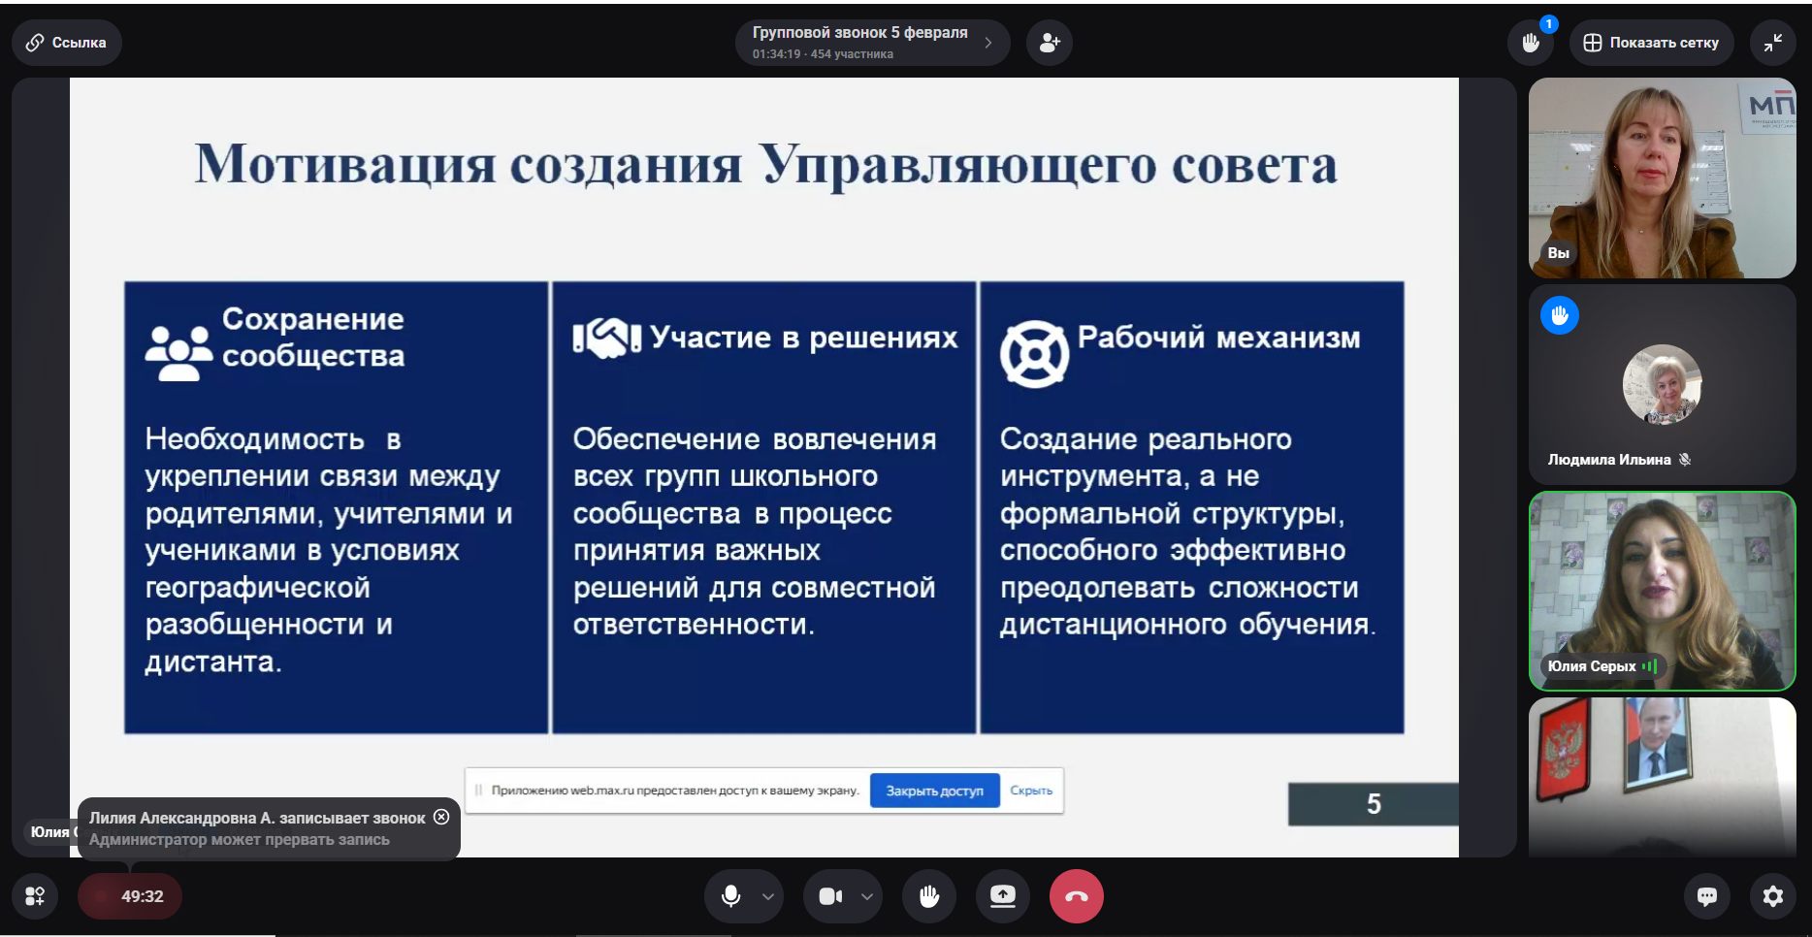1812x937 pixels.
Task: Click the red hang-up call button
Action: coord(1076,896)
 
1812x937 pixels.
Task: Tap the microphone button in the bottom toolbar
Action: coord(731,896)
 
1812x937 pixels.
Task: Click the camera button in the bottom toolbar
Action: coord(830,896)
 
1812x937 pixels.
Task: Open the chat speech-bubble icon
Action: coord(1707,896)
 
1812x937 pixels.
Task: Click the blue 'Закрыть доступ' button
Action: coord(934,791)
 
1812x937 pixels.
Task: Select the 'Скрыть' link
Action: coord(1031,791)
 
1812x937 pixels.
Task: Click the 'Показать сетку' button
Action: coord(1651,43)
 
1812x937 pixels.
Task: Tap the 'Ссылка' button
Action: coord(66,43)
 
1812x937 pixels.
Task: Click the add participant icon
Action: coord(1050,43)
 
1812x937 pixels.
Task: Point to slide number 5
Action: coord(1374,804)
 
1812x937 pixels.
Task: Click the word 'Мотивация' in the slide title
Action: coord(345,164)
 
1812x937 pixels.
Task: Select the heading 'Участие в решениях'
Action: coord(804,338)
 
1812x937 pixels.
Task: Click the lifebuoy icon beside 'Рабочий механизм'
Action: coord(1034,354)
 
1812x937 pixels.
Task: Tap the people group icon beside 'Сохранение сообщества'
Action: coord(179,352)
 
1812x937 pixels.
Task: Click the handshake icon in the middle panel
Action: coord(607,339)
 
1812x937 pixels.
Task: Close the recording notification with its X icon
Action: coord(441,817)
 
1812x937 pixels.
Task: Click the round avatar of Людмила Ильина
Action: coord(1662,385)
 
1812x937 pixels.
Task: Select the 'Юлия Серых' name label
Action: coord(1592,666)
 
